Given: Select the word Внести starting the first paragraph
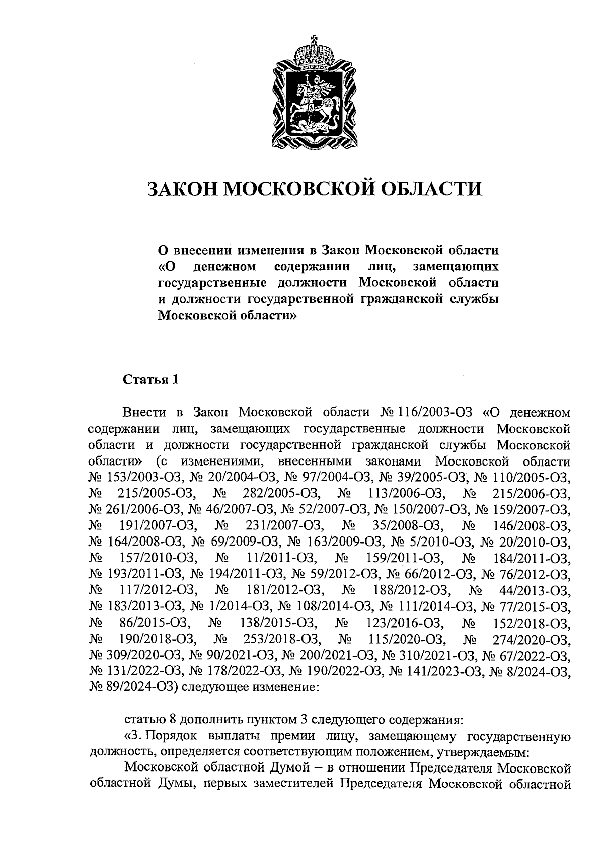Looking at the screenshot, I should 145,413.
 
